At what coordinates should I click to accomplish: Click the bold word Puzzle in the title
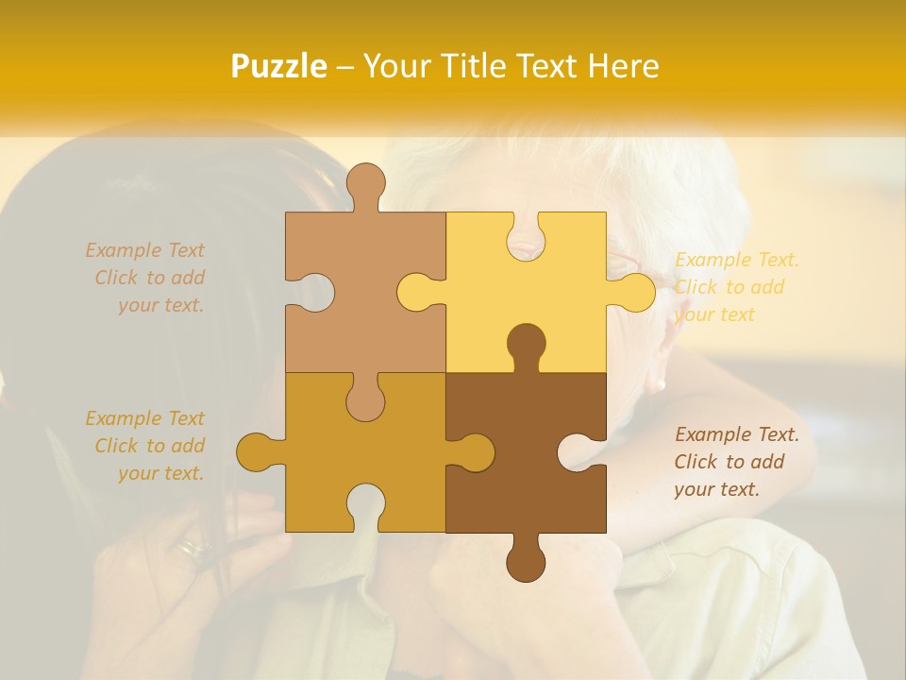click(x=279, y=66)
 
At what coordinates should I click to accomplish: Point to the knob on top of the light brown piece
click(x=366, y=184)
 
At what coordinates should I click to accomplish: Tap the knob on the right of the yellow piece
click(x=634, y=292)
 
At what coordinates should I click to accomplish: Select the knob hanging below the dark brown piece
click(x=526, y=561)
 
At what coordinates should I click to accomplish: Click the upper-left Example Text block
click(x=146, y=278)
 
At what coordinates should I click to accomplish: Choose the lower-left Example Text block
click(x=146, y=446)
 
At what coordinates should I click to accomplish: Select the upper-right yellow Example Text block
click(x=736, y=287)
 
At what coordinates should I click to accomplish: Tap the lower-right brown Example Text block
click(x=736, y=462)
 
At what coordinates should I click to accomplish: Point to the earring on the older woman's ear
click(x=658, y=384)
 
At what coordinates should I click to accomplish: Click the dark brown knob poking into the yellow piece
click(x=526, y=345)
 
